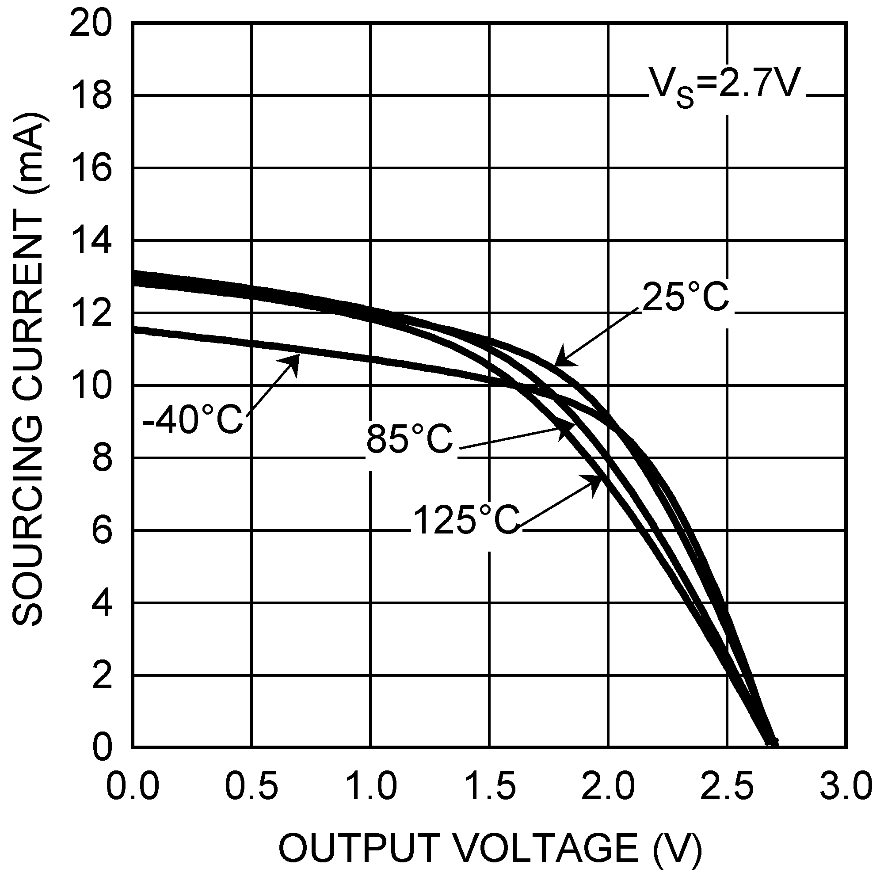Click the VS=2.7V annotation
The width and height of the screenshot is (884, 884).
click(725, 86)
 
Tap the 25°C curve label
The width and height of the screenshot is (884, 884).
click(685, 298)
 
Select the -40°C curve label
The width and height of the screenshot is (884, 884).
click(193, 419)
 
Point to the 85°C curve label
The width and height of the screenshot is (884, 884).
click(409, 439)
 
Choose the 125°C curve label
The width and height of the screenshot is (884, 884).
click(466, 520)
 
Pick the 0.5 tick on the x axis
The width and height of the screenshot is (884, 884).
click(251, 786)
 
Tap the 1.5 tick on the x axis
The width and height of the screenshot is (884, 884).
click(490, 786)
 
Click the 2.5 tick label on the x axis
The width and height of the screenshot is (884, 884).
click(728, 786)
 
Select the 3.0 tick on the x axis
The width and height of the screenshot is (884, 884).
click(846, 786)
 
